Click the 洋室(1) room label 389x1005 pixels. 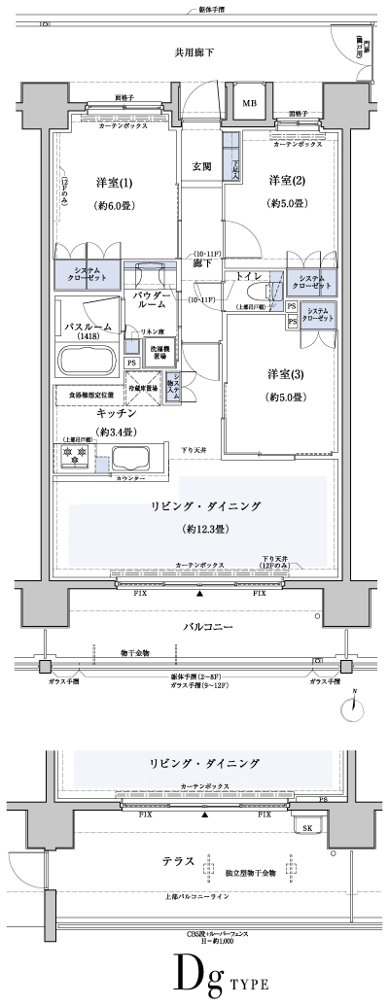click(113, 183)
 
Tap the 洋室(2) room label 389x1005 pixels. click(285, 181)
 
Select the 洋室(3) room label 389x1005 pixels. click(285, 375)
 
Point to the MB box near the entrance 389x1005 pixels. click(248, 104)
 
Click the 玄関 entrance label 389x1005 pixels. click(201, 164)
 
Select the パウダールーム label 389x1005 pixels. click(152, 298)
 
